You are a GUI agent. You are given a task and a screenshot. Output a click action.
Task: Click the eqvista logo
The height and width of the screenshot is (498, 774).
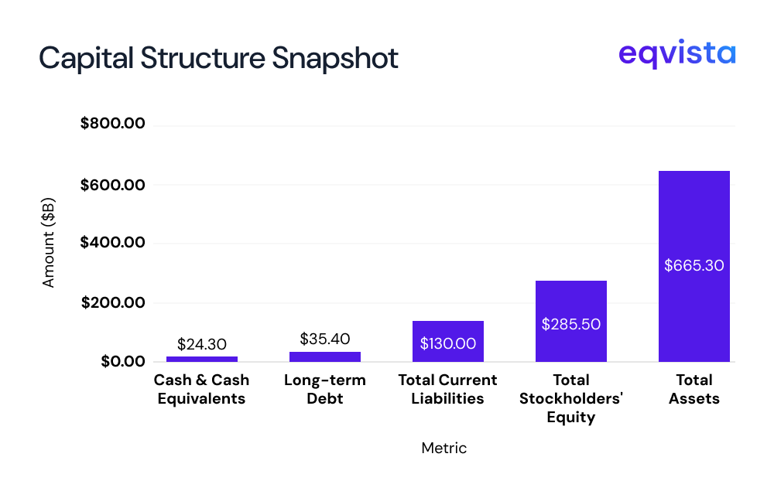(x=676, y=55)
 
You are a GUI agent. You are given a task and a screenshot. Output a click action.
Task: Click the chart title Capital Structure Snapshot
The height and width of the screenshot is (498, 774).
(x=218, y=58)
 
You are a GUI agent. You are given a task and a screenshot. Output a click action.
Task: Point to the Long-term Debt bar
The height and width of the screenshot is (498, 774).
(x=325, y=356)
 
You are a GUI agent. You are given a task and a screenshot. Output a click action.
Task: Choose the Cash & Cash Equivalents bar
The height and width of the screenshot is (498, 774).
(x=202, y=359)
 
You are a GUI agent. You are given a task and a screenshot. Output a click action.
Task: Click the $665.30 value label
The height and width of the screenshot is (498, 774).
(x=694, y=265)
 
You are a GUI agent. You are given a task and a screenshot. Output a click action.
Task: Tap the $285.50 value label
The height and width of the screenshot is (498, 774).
(x=570, y=324)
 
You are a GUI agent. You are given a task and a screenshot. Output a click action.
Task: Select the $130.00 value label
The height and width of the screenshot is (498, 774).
(x=448, y=343)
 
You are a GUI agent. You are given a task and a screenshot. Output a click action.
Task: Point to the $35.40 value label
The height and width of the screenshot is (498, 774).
(x=325, y=339)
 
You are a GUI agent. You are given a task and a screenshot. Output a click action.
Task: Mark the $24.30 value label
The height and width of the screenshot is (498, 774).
(x=202, y=343)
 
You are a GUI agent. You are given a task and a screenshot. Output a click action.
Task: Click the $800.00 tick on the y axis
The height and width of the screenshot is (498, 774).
(x=113, y=124)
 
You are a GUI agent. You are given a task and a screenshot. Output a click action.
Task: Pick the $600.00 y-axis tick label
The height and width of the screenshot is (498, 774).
(x=113, y=185)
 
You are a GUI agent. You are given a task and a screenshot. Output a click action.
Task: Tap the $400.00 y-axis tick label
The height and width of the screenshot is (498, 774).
(x=113, y=243)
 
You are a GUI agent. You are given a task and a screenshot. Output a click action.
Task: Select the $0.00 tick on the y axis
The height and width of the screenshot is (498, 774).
(x=123, y=362)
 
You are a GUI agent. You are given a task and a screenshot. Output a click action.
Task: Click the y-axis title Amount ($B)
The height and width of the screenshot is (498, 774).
(x=49, y=244)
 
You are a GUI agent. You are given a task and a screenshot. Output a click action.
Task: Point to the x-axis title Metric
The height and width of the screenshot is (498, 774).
(x=444, y=448)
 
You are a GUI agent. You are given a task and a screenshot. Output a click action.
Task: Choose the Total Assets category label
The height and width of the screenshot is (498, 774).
(x=694, y=390)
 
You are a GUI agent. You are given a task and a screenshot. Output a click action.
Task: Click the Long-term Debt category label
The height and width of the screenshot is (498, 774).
(x=325, y=390)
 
